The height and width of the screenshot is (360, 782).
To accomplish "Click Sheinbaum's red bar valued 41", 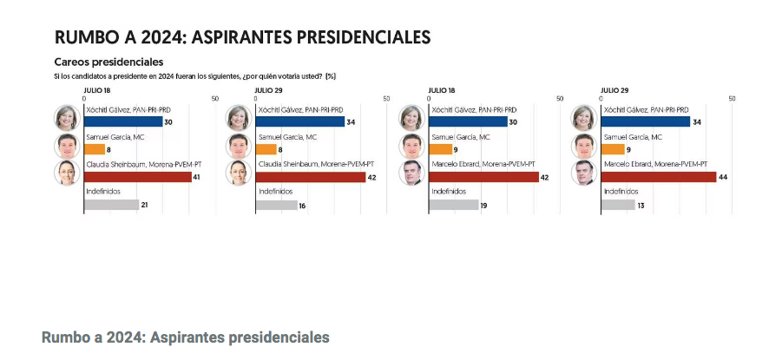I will tap(137, 177).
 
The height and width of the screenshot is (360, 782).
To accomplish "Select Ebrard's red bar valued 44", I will tap(660, 177).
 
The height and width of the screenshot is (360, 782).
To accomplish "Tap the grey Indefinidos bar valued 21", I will tap(111, 205).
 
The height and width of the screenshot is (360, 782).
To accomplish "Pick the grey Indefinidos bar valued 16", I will tap(278, 205).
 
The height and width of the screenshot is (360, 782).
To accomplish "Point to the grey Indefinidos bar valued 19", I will tap(454, 205).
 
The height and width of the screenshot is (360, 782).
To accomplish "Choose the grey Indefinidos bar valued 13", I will tap(619, 205).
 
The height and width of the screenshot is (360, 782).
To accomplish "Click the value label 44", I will tap(724, 177).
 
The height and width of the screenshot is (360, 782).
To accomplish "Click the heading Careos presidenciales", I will tap(108, 62).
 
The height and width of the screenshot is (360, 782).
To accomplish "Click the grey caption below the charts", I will tap(185, 337).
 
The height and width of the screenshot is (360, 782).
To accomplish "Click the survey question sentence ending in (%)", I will tap(194, 76).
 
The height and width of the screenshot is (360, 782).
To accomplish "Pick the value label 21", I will tap(145, 205).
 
